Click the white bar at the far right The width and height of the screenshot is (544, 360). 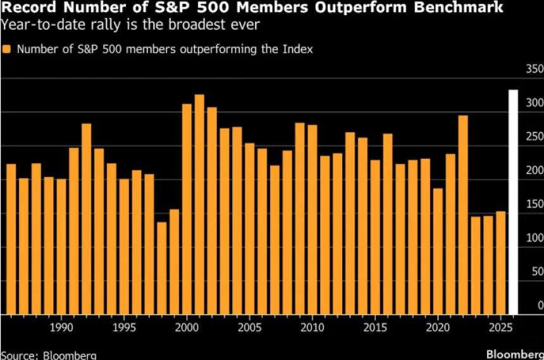click(x=513, y=202)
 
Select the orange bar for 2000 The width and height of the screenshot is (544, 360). click(x=187, y=209)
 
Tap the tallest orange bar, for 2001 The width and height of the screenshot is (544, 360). click(x=199, y=204)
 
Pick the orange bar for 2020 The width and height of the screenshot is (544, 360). click(x=438, y=251)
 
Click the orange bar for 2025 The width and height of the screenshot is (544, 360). click(x=500, y=263)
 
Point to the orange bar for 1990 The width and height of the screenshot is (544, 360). click(x=61, y=247)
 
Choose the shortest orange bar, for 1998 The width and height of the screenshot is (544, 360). click(x=162, y=268)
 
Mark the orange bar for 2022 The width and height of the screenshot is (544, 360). click(x=463, y=215)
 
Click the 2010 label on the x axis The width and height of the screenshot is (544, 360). click(x=312, y=327)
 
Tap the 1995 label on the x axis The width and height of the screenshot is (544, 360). click(x=124, y=327)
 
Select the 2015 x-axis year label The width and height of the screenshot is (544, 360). click(x=375, y=327)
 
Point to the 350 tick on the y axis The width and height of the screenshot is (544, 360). click(x=535, y=69)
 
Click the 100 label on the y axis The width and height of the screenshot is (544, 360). click(x=535, y=238)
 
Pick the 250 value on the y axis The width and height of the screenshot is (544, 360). click(x=535, y=137)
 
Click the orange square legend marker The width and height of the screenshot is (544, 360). click(x=6, y=49)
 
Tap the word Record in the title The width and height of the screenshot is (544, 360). click(x=28, y=7)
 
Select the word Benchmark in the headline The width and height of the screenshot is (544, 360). click(x=459, y=7)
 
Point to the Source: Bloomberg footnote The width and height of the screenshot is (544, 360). click(x=49, y=356)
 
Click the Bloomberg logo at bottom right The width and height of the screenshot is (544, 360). click(x=515, y=354)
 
